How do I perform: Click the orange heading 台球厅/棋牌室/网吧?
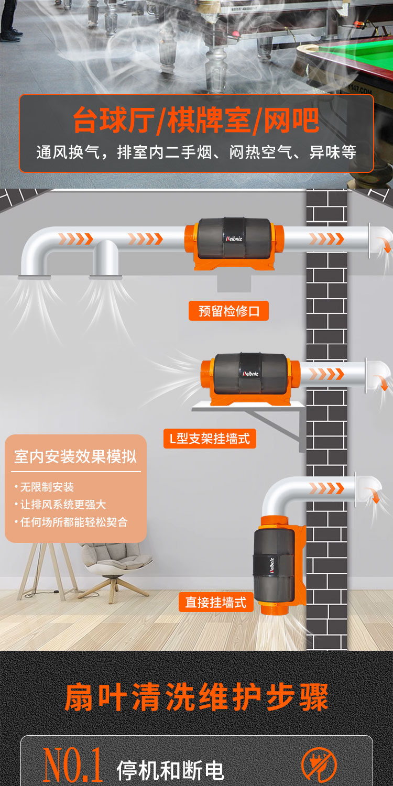coord(196,121)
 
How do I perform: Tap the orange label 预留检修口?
coord(229,311)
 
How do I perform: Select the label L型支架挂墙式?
coord(210,439)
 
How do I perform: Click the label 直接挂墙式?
coord(216,602)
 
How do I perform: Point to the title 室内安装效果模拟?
coord(75,456)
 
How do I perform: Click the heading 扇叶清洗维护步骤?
coord(196,697)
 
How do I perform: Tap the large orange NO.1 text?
coord(73,765)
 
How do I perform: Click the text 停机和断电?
coord(170,770)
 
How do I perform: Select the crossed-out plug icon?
coord(319,766)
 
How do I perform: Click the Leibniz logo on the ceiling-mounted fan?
coord(234,238)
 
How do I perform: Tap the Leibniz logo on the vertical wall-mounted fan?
coord(272,565)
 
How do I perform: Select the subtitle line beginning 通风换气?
coord(196,152)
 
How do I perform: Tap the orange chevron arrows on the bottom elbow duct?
coord(326,488)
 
